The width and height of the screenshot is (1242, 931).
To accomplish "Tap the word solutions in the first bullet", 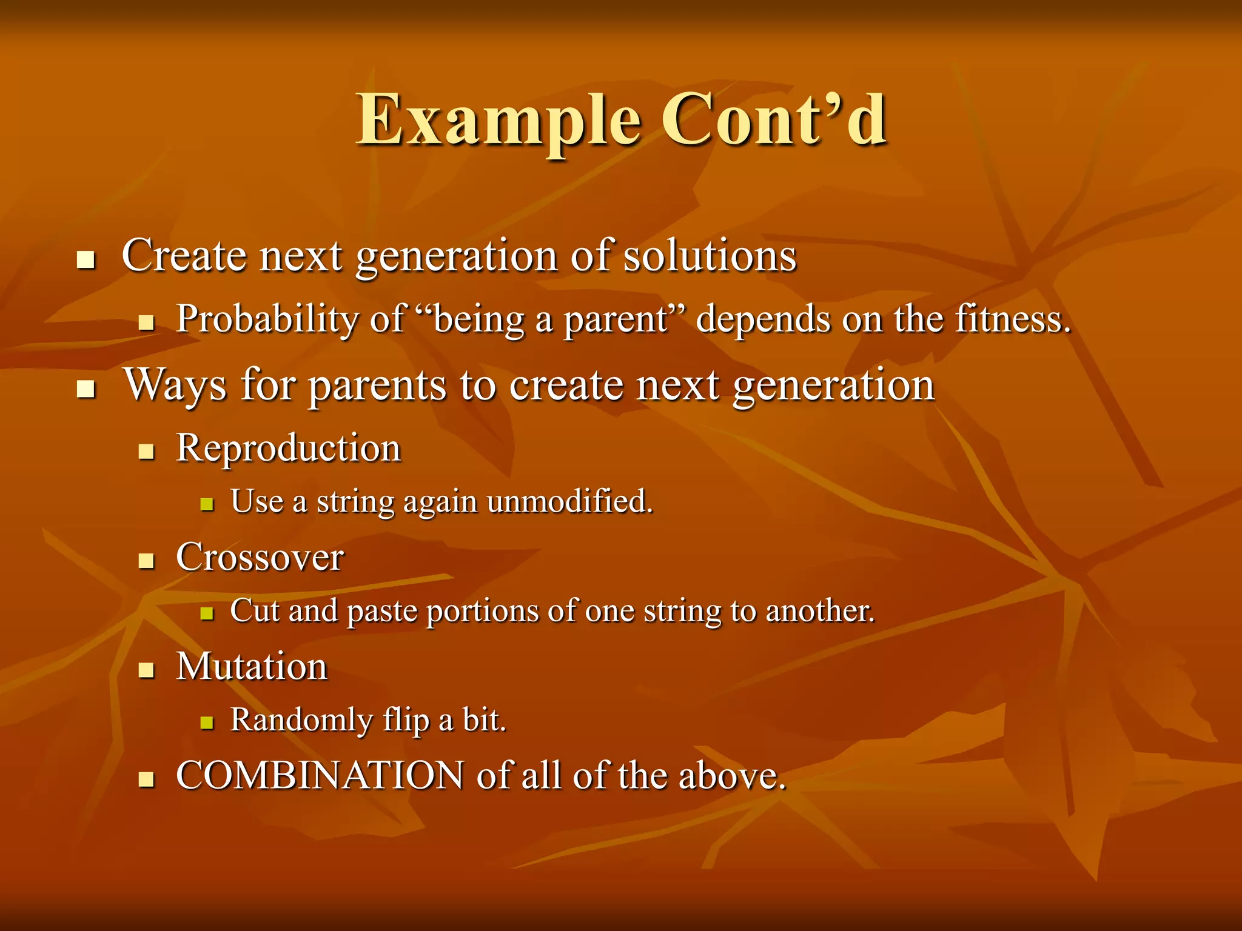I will (x=710, y=256).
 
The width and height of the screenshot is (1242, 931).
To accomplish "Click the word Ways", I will (x=175, y=385).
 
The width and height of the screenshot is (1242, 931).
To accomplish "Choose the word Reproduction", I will (x=289, y=449).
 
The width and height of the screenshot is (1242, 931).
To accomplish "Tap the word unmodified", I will (x=569, y=502).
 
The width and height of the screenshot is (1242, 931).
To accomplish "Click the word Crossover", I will (x=260, y=558).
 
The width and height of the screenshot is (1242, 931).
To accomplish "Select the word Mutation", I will (x=252, y=667).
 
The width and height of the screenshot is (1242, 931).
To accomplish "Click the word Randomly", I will (x=301, y=721).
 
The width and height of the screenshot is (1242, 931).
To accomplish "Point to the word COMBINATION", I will (x=320, y=775).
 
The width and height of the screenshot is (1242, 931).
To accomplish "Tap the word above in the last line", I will (x=731, y=775).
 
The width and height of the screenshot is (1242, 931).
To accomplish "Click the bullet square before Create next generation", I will (x=87, y=260).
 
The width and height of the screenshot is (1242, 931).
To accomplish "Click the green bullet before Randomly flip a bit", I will (x=207, y=722).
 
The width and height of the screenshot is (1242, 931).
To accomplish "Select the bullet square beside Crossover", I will (x=146, y=561).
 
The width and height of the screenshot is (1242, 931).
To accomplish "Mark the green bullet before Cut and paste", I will (x=207, y=613).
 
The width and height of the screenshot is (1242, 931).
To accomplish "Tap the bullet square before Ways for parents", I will (x=87, y=389).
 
